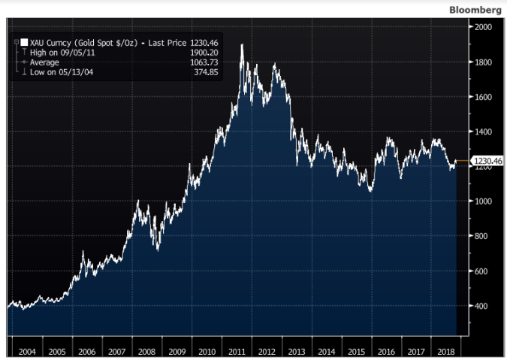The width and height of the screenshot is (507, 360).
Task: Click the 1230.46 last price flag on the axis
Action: point(487,161)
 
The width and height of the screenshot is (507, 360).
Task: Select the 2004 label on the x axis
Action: point(26,351)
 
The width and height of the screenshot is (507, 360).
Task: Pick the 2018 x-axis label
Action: point(447,351)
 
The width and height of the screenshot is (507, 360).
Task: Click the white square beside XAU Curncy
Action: point(25,43)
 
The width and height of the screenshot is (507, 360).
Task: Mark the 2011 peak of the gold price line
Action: point(241,45)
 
